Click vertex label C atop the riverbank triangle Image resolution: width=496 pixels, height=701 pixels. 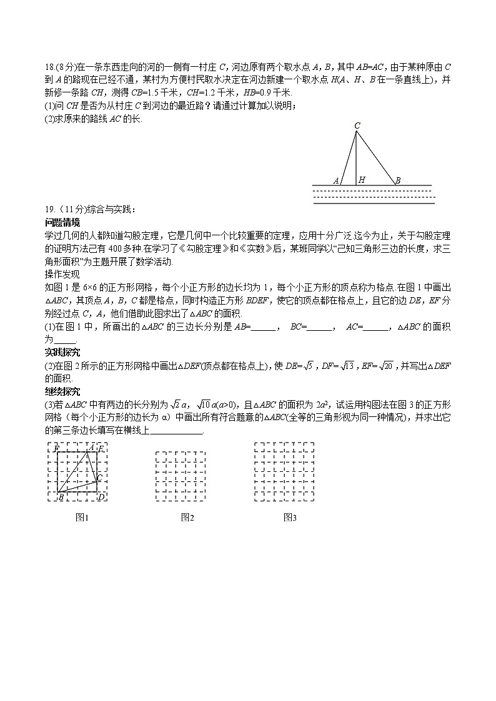357,126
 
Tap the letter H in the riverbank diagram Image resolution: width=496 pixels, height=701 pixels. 362,180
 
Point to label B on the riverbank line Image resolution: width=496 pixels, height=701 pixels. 397,180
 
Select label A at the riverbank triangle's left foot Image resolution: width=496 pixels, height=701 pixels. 335,180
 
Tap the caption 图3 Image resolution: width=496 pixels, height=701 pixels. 290,517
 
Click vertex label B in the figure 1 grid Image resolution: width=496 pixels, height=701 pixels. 61,496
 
